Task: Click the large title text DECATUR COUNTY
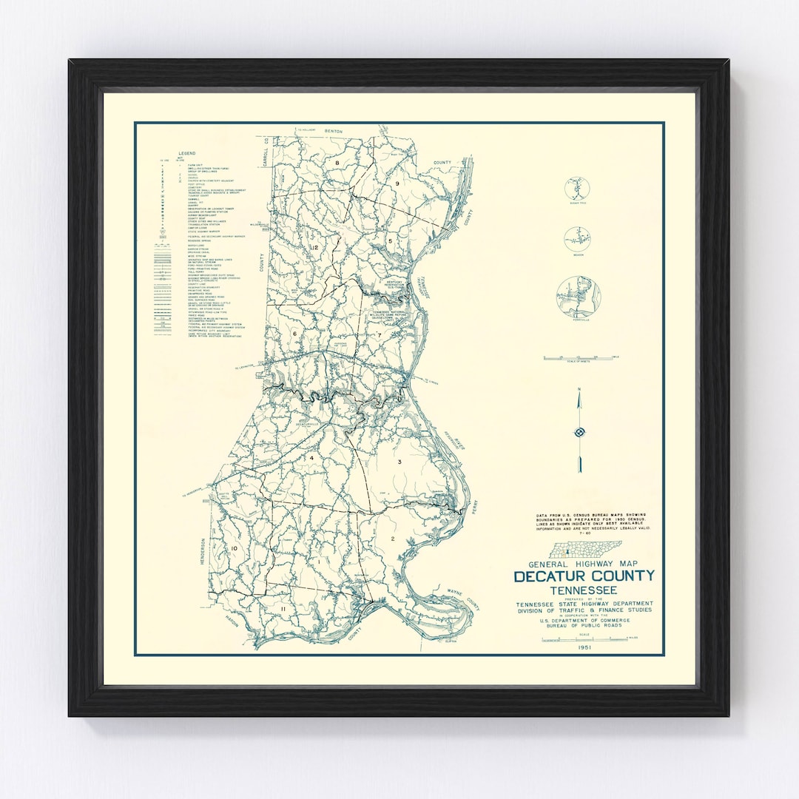(584, 576)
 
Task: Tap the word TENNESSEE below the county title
(584, 590)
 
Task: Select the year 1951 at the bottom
(584, 647)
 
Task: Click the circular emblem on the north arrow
(579, 432)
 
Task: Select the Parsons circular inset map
(579, 297)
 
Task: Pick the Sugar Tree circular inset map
(577, 189)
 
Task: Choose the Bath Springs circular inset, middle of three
(577, 239)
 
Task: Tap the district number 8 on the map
(337, 162)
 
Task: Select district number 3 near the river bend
(399, 462)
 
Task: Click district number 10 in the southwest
(234, 547)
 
